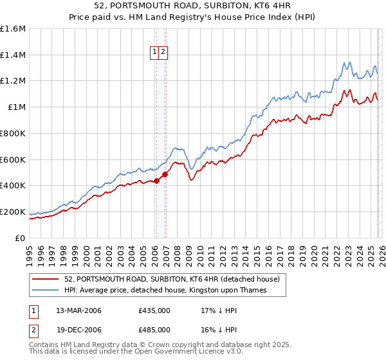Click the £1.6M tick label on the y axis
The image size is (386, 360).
(13, 29)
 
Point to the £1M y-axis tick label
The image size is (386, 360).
(16, 107)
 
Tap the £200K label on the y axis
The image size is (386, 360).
(13, 212)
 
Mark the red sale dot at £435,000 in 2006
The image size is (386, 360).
(156, 181)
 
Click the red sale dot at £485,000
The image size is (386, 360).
(165, 174)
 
